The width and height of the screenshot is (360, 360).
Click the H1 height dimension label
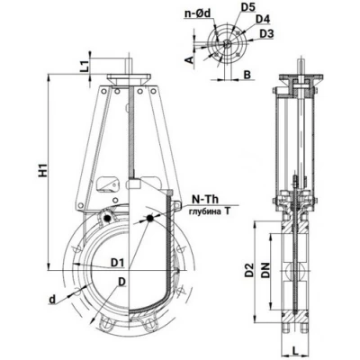click(44, 169)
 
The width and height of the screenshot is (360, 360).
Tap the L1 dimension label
click(85, 66)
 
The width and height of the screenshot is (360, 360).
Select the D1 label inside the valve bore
click(118, 263)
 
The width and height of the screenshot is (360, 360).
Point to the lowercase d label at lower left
click(52, 300)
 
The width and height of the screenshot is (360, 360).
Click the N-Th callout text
click(205, 199)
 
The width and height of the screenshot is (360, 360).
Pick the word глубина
click(203, 211)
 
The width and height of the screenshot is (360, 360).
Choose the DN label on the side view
click(265, 270)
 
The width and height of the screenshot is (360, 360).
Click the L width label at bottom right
click(295, 349)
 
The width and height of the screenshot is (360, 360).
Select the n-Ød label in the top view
click(198, 13)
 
